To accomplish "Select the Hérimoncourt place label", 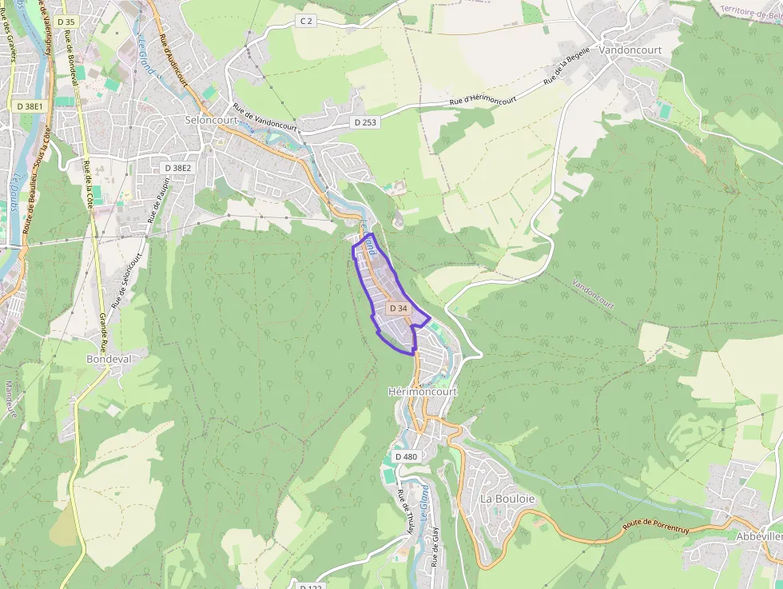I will (422, 392).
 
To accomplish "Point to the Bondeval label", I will (108, 360).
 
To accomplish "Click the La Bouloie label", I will (507, 499).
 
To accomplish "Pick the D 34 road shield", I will (398, 308).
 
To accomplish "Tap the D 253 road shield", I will (364, 122).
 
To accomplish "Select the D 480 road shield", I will (406, 456).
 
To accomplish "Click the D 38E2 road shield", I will (177, 168).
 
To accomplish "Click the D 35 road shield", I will (66, 22).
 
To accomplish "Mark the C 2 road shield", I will (306, 20).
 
